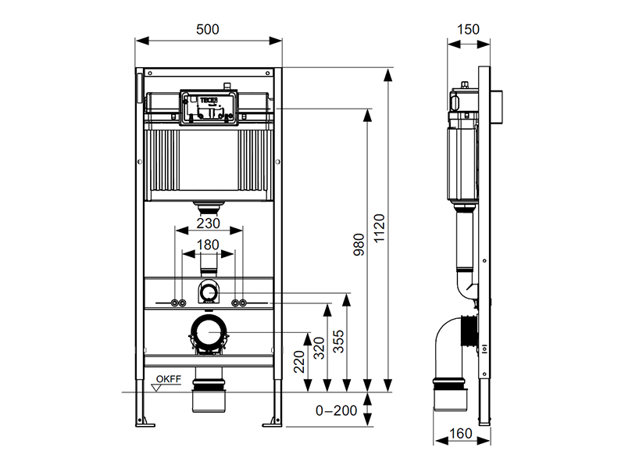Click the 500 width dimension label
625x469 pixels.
208,30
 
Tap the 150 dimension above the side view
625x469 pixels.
468,30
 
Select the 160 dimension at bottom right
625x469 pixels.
461,434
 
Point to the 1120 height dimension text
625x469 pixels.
379,228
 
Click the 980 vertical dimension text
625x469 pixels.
359,245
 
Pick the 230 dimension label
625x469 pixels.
209,224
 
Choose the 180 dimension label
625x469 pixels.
208,245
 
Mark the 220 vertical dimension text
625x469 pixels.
299,362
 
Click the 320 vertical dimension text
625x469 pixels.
319,348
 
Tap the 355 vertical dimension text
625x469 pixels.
338,342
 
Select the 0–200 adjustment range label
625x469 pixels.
336,411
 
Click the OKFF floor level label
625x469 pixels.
169,379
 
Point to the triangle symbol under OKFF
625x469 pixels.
157,388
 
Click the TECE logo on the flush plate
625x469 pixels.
209,100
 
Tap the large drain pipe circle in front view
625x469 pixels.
209,332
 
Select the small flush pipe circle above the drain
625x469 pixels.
208,293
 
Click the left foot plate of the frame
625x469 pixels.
145,422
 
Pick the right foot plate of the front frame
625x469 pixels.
272,422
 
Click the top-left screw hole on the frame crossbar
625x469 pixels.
150,73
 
